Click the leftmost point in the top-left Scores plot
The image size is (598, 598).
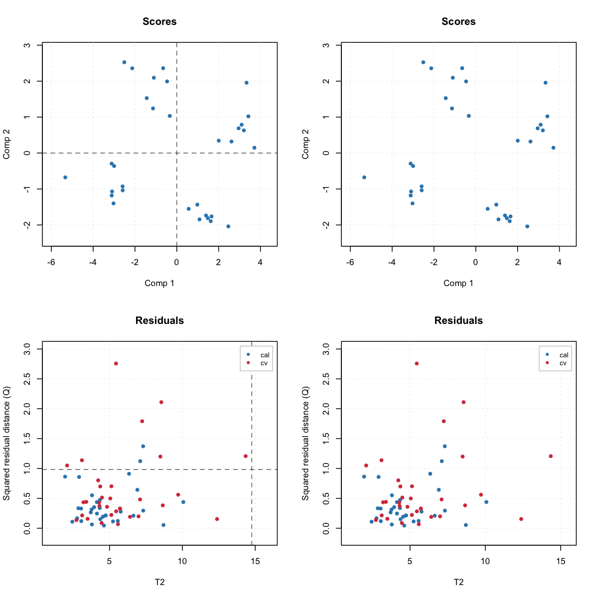click(65, 177)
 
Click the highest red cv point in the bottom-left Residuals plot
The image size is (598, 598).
click(116, 364)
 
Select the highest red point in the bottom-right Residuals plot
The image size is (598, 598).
click(417, 364)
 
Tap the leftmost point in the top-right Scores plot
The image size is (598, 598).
click(364, 177)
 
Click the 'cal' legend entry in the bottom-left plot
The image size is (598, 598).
click(264, 355)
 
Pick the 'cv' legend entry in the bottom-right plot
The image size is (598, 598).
click(563, 363)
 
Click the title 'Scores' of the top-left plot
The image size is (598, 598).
click(159, 22)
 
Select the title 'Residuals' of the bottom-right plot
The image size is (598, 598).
click(458, 321)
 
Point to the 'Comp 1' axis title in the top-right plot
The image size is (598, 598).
click(458, 283)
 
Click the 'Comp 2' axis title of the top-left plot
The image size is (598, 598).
click(7, 144)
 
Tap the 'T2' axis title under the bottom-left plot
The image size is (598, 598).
click(159, 582)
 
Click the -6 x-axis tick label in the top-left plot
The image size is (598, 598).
click(51, 263)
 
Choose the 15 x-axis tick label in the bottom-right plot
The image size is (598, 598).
click(561, 562)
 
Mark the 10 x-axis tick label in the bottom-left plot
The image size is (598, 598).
click(182, 562)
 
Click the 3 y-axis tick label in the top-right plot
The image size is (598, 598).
click(326, 45)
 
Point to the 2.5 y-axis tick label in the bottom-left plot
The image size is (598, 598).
click(27, 379)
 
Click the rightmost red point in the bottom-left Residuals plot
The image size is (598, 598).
click(246, 456)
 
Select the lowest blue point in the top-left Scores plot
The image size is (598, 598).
click(228, 226)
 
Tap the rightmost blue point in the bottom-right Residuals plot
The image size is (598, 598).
click(486, 502)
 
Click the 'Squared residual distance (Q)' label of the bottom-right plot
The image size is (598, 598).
click(306, 444)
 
